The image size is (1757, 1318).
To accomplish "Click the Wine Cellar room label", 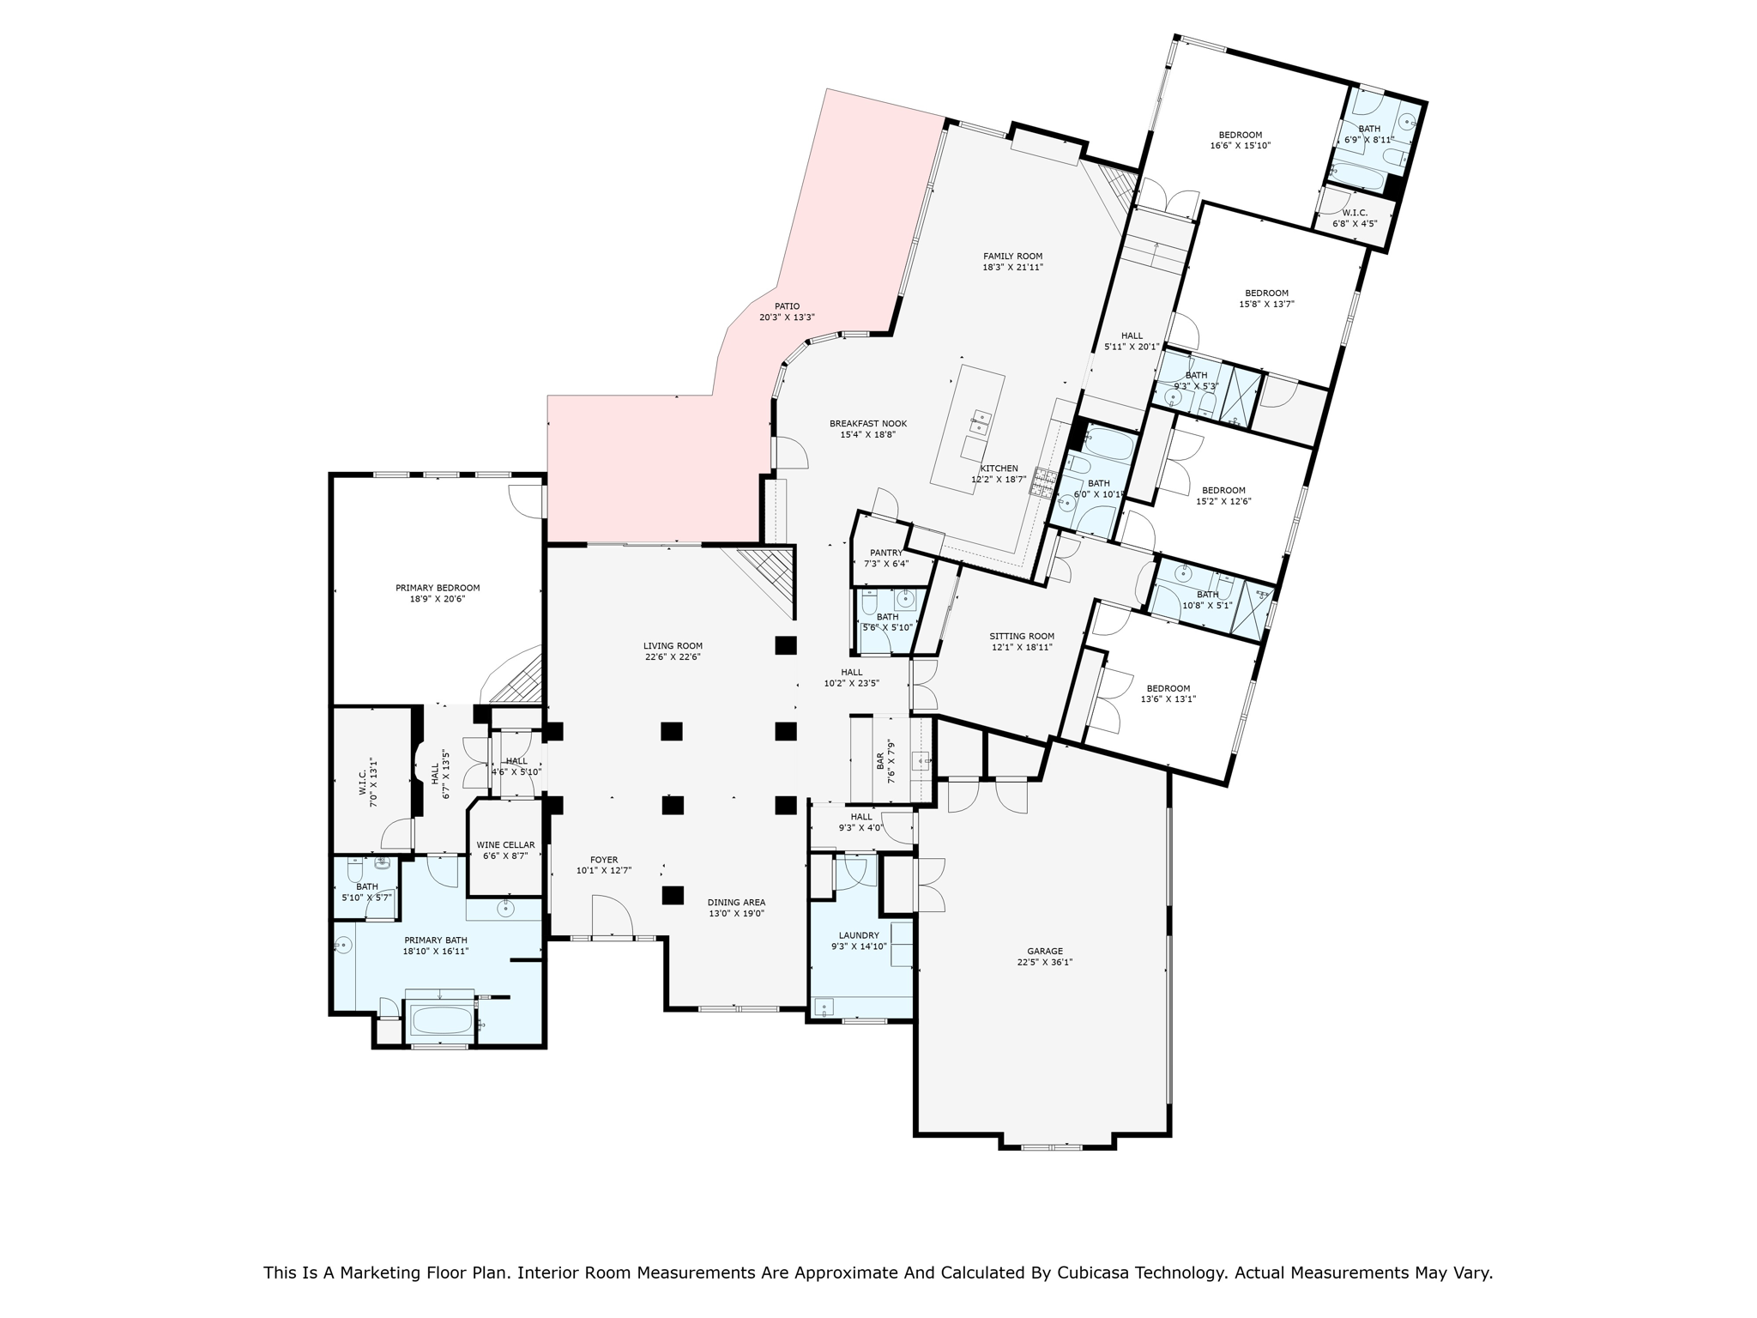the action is pos(505,844).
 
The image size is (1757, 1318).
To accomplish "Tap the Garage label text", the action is pos(1045,951).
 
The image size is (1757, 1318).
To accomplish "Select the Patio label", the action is pos(787,305).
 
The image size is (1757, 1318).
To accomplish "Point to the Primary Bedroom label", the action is pos(438,588).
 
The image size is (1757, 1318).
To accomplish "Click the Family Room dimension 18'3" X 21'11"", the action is pos(1012,267).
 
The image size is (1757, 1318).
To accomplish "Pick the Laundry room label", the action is pos(859,935).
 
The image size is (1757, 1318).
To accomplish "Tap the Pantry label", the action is pos(886,553).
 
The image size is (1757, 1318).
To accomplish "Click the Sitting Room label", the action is pos(1022,636).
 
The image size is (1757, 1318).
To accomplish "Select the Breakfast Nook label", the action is pos(868,423).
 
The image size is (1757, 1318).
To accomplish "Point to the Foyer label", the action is pos(604,860).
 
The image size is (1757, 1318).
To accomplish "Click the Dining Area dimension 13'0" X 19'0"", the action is pos(736,913).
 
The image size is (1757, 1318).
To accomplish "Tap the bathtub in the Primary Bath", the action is pos(442,1020).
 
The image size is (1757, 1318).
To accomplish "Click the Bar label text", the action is pos(880,762).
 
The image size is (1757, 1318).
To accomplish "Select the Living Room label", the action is pos(673,646).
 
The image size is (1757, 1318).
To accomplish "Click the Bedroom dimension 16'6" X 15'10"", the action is pos(1241,146).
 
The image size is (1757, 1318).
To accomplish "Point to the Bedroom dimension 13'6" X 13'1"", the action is pos(1168,699).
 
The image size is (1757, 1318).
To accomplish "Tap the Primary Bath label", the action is pos(436,940).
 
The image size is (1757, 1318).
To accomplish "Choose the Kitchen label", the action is pos(999,469).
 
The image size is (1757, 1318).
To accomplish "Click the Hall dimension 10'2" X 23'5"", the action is pos(852,684).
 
